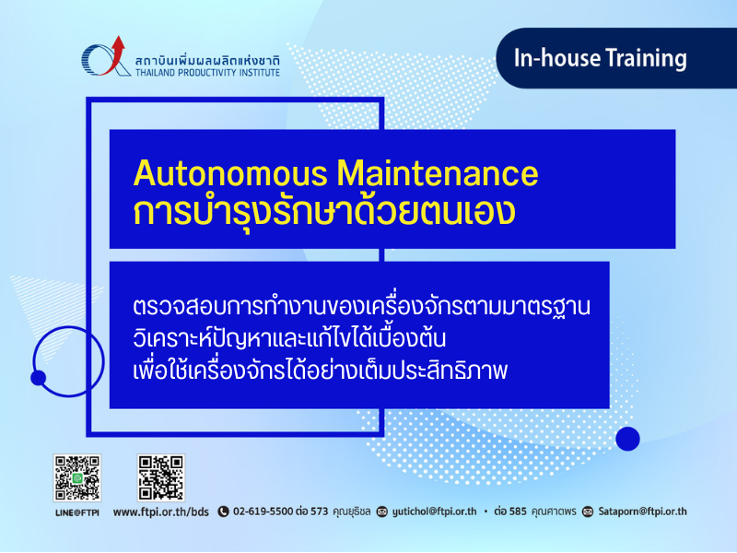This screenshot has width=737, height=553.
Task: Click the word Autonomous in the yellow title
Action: [x=230, y=173]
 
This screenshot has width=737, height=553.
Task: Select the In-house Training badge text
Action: [x=601, y=58]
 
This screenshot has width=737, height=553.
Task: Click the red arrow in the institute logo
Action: [x=114, y=55]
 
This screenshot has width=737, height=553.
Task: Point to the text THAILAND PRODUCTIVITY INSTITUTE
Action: [x=207, y=73]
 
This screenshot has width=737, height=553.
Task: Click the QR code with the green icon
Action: [x=77, y=477]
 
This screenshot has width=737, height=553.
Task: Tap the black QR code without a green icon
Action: [x=161, y=477]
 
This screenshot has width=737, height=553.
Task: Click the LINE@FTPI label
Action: [x=77, y=512]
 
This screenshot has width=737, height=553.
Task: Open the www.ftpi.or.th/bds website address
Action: [x=160, y=512]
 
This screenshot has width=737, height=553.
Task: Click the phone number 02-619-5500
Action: [x=263, y=512]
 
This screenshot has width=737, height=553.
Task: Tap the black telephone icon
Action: [x=223, y=512]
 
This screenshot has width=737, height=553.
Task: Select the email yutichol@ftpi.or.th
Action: [x=434, y=512]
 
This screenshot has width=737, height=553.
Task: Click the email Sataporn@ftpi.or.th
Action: [x=642, y=512]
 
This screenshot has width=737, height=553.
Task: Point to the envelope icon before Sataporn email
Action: [x=588, y=512]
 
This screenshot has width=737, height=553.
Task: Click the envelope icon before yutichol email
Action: [x=382, y=512]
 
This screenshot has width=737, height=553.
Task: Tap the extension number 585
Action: [x=518, y=512]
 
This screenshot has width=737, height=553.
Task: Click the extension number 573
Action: [x=319, y=512]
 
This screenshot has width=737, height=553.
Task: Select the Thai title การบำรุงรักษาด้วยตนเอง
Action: [x=324, y=213]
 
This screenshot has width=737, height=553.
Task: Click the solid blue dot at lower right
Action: [x=627, y=439]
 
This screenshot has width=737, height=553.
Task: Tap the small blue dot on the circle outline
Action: [x=38, y=378]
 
